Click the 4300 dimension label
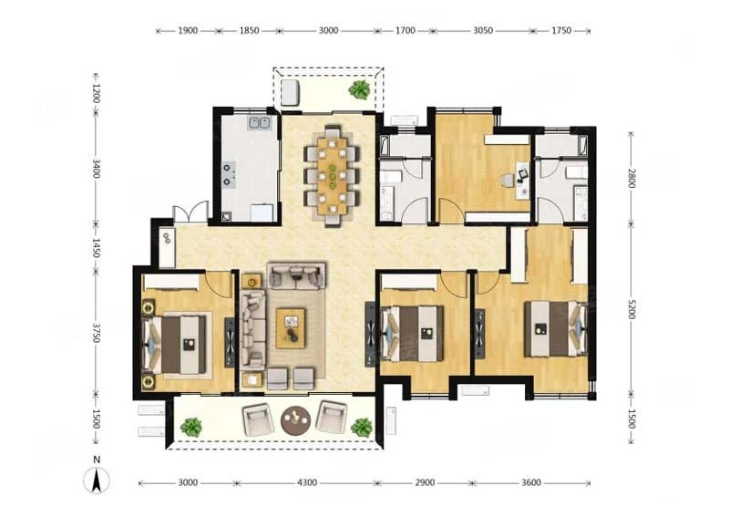click(307, 483)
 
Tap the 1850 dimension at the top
click(249, 31)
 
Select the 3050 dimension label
click(483, 31)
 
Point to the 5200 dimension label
click(631, 309)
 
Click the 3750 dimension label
click(97, 333)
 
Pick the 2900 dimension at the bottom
click(425, 483)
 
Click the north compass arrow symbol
click(97, 481)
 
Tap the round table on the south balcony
click(295, 420)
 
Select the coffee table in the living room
click(291, 328)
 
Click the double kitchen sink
click(260, 122)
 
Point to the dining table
click(332, 175)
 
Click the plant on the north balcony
click(359, 89)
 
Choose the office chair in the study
click(508, 181)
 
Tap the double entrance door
click(190, 212)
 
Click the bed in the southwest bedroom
click(175, 345)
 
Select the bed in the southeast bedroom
click(556, 329)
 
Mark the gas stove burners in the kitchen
click(227, 174)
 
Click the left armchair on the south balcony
click(256, 419)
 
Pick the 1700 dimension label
click(405, 31)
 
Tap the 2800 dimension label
click(631, 178)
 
